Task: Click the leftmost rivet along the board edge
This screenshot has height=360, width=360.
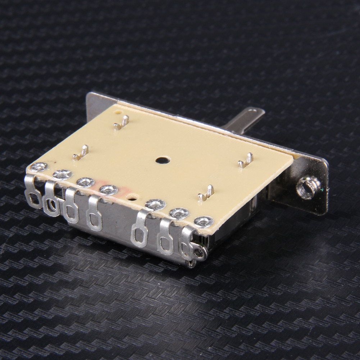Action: (x=38, y=167)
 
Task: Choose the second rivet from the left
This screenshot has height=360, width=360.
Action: (x=62, y=174)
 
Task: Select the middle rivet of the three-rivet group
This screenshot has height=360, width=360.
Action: (x=179, y=213)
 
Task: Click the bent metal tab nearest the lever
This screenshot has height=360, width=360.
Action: (x=245, y=161)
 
